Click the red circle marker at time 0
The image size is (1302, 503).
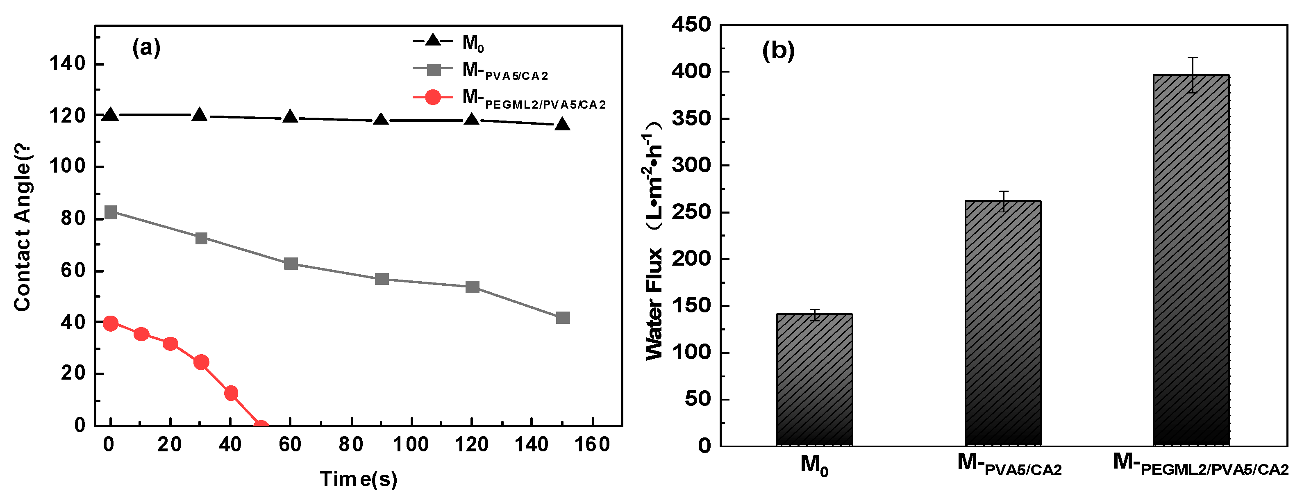pyautogui.click(x=110, y=323)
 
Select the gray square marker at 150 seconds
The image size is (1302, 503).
pyautogui.click(x=563, y=317)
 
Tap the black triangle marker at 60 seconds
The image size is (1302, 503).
pyautogui.click(x=290, y=117)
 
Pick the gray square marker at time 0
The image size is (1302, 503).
pyautogui.click(x=110, y=212)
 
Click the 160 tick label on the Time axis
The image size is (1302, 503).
pyautogui.click(x=592, y=445)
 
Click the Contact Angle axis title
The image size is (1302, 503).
pyautogui.click(x=23, y=228)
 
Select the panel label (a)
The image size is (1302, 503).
pyautogui.click(x=146, y=48)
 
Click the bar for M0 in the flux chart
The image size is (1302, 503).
pyautogui.click(x=814, y=379)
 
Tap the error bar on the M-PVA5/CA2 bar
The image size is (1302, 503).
pyautogui.click(x=1003, y=201)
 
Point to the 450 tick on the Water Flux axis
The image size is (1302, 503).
pyautogui.click(x=691, y=25)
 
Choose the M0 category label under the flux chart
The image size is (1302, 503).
pyautogui.click(x=814, y=464)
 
